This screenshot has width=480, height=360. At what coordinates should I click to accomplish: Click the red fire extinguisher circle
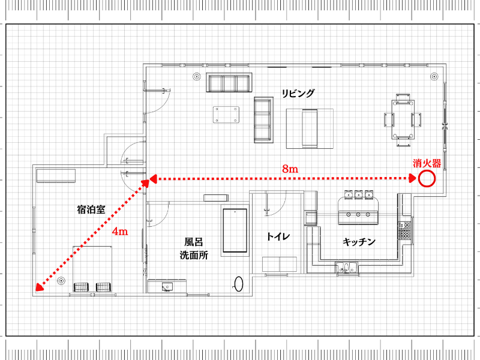point(427,178)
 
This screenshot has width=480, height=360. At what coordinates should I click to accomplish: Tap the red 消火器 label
point(427,163)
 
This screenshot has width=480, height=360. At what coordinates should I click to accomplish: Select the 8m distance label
point(290,169)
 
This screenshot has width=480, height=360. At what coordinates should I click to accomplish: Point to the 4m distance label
point(119,231)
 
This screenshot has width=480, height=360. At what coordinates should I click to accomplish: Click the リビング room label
point(298,93)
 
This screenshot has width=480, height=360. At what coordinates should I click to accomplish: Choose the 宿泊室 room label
point(91,209)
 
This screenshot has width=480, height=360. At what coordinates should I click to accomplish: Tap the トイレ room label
point(278,236)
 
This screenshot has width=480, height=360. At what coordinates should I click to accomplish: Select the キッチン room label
point(359,242)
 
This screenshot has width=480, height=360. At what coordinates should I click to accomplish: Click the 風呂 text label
point(193,242)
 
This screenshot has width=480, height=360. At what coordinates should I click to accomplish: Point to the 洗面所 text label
point(193,255)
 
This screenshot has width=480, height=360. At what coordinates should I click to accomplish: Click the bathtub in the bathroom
point(235,230)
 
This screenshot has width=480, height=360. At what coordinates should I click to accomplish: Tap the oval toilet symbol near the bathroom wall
point(238,284)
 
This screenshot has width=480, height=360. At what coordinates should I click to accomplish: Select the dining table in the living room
point(403,119)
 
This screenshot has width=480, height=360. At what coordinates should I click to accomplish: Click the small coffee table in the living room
point(226,115)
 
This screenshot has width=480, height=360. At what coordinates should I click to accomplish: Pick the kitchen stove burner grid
point(404,230)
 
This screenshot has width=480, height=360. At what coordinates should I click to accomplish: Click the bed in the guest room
point(92,269)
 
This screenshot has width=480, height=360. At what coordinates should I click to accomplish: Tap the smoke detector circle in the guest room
point(61,281)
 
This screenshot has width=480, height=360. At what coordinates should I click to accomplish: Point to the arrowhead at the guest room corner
point(39,287)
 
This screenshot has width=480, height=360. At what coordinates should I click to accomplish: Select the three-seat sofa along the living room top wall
point(229,82)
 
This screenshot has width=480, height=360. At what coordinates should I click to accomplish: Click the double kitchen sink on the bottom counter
point(347,267)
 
